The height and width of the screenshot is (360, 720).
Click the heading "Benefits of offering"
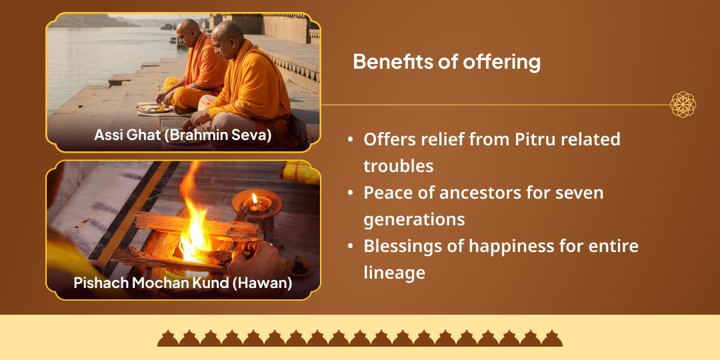click(x=446, y=62)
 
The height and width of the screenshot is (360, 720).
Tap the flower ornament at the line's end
click(x=683, y=105)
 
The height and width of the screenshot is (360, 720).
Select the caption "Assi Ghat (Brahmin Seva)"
click(x=182, y=135)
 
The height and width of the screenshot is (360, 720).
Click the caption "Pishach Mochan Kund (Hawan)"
click(x=183, y=282)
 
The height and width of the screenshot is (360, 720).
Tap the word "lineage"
click(x=395, y=272)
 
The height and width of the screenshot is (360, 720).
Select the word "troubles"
click(x=399, y=165)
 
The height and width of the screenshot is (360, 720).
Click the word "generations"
click(x=414, y=219)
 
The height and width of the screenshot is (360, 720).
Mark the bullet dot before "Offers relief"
click(x=350, y=140)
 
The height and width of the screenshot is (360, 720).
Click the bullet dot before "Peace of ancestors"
click(x=350, y=193)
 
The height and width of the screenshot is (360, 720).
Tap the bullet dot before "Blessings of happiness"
click(x=350, y=247)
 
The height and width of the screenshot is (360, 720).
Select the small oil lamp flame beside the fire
click(x=253, y=198)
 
